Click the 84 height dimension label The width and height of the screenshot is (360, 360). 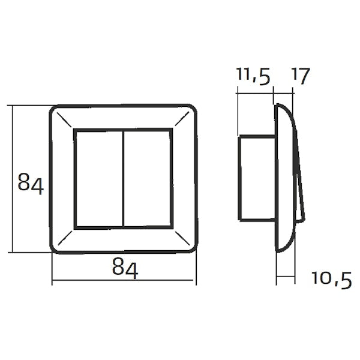31,184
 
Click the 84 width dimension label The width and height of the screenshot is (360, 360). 125,268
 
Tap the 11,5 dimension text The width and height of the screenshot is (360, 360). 253,76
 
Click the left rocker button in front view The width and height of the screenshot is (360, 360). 99,179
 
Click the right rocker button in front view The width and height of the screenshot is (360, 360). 148,179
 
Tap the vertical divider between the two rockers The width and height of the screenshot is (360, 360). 124,179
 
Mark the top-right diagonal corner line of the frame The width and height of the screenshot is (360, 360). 182,118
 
